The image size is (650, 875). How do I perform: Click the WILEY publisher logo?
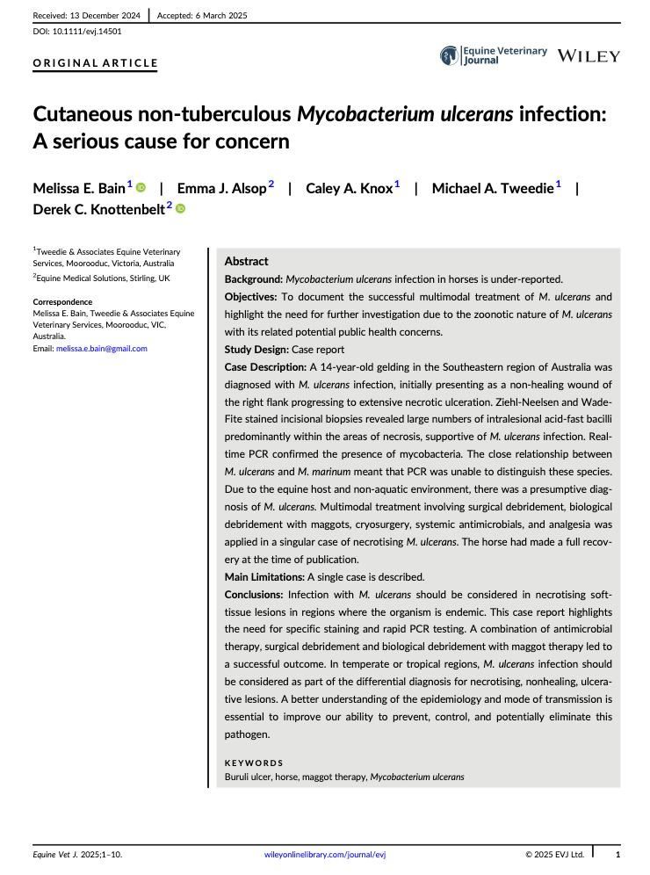(589, 56)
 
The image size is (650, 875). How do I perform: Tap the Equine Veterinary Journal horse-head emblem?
(449, 56)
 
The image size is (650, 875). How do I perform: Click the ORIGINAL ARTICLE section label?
(95, 63)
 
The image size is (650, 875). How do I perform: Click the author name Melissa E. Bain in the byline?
(79, 189)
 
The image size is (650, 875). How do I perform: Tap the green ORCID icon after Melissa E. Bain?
(141, 187)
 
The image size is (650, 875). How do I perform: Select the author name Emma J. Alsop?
(221, 189)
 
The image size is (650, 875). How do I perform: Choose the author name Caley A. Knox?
(349, 189)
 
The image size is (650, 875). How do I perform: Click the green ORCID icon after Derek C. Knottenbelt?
(181, 209)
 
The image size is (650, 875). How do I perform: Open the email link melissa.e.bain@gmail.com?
(101, 349)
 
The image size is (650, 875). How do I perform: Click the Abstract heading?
(247, 261)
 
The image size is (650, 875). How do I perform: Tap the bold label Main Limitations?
(264, 577)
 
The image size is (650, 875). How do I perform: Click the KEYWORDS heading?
(254, 763)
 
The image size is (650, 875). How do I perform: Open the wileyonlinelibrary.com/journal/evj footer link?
(324, 854)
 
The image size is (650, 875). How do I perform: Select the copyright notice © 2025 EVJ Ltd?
(554, 854)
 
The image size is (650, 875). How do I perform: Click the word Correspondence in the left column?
(62, 302)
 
